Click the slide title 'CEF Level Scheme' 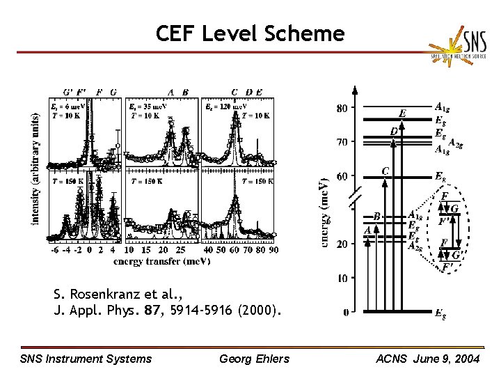(x=250, y=33)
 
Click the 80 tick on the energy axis (x=343, y=108)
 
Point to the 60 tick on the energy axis (x=343, y=176)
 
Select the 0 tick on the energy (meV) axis (x=346, y=313)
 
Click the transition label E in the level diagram (x=403, y=113)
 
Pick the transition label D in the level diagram (x=394, y=131)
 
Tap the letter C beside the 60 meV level (x=385, y=170)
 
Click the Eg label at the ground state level (x=440, y=314)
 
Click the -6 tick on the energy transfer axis (x=54, y=250)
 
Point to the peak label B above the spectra (x=185, y=91)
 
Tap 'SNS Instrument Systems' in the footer (x=86, y=359)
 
